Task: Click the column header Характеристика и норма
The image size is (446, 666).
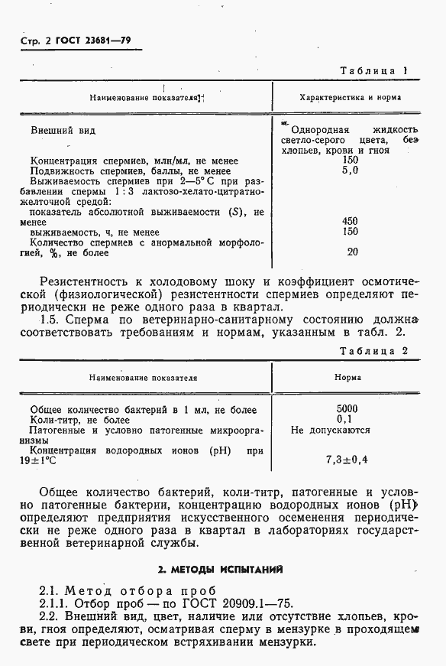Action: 351,98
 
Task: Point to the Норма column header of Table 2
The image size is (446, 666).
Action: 348,378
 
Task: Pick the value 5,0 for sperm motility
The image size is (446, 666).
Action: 351,171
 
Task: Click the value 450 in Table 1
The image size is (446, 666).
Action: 351,221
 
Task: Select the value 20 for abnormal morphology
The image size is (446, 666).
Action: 352,252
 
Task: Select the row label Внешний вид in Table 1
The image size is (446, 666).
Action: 63,131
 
